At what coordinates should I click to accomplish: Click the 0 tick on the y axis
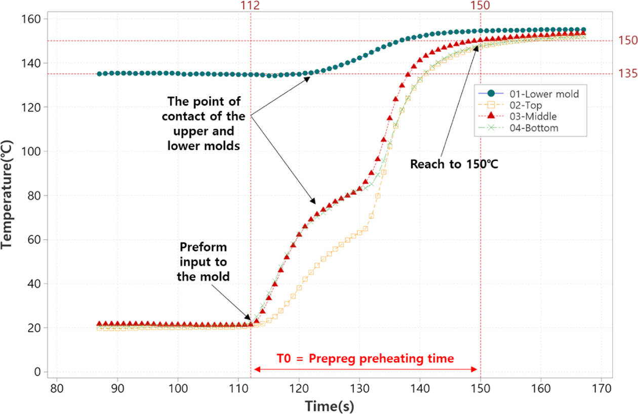(37, 372)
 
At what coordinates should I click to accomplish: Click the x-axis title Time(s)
(329, 405)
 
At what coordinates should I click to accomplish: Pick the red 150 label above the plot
(480, 6)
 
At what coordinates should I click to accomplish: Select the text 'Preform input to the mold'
(204, 262)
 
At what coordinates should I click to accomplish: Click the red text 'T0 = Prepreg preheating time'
(365, 358)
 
